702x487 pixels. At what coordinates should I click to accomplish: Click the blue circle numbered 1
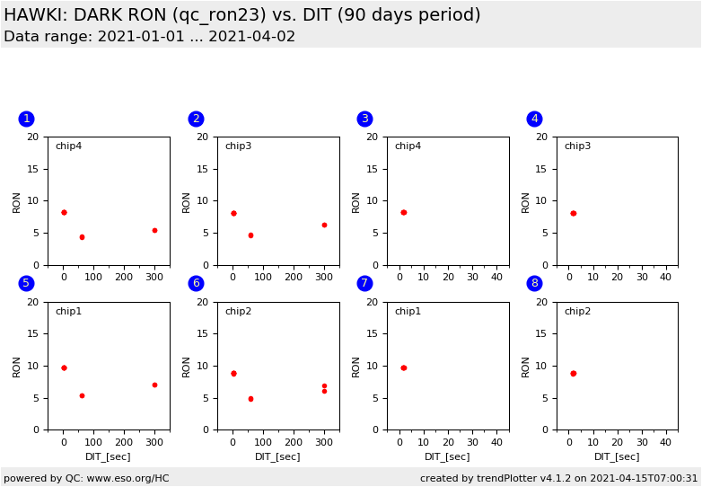[x=26, y=119]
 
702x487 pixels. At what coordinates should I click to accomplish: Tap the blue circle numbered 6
[x=196, y=283]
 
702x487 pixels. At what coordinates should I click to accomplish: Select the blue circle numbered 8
[x=534, y=283]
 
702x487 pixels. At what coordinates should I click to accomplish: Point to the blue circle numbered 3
[x=364, y=119]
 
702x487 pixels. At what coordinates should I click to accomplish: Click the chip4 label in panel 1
[x=68, y=146]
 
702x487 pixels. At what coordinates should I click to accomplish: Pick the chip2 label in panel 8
[x=577, y=312]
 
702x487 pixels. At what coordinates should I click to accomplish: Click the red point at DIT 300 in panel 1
[x=154, y=230]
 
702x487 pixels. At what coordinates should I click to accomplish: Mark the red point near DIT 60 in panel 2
[x=250, y=235]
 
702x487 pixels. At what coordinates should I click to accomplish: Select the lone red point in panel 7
[x=403, y=367]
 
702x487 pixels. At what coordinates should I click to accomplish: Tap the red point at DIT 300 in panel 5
[x=154, y=385]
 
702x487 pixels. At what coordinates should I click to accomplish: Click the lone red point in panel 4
[x=573, y=213]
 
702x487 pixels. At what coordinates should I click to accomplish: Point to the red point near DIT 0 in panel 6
[x=233, y=373]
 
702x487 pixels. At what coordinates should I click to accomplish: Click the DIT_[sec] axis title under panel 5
[x=108, y=456]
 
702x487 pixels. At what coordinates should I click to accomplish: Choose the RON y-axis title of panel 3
[x=356, y=201]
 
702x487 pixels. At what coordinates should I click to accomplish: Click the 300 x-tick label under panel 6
[x=324, y=442]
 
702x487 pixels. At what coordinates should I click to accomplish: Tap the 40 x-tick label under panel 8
[x=665, y=442]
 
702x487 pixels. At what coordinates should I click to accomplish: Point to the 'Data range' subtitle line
[x=149, y=37]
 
